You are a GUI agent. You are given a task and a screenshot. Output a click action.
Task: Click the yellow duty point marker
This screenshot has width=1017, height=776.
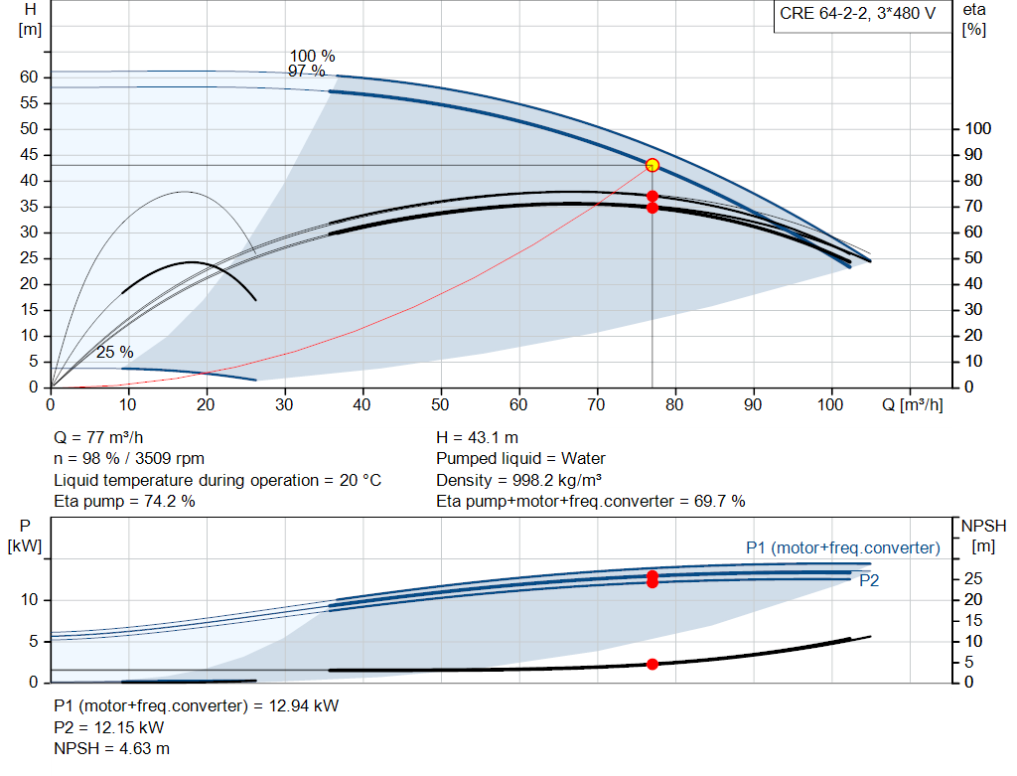pos(653,166)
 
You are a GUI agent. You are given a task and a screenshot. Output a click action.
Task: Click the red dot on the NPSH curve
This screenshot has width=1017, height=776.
pos(653,664)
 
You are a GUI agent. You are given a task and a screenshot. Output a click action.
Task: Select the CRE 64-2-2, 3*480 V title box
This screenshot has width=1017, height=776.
pos(857,14)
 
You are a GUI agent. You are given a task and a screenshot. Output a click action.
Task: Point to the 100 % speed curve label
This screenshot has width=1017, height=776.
pos(312,57)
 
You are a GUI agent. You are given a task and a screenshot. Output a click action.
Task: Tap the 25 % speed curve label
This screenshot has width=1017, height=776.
pos(115,353)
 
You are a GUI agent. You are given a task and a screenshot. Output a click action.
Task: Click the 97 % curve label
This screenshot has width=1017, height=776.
pos(306,71)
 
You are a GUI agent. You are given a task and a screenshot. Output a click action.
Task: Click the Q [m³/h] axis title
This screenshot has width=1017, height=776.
pos(912,404)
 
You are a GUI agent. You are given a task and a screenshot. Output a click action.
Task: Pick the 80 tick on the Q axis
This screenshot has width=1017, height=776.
pos(674,404)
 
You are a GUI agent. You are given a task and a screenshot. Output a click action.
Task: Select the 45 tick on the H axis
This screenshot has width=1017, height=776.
pos(29,154)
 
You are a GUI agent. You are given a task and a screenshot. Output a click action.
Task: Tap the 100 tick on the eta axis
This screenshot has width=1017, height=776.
pos(978,128)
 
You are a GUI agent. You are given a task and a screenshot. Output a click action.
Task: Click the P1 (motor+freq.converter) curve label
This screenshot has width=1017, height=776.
pos(843,548)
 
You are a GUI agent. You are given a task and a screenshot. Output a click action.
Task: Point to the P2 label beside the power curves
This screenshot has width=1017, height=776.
pos(869,580)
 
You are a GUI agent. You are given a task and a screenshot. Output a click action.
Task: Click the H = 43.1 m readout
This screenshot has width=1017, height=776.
pos(478,438)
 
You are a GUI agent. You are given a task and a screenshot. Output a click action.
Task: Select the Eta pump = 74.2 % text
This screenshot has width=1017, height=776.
pos(124,502)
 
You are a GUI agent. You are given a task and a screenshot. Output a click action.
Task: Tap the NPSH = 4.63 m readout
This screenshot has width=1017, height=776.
pos(111,749)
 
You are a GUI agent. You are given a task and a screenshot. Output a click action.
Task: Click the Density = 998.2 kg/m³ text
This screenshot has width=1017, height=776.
pos(518,480)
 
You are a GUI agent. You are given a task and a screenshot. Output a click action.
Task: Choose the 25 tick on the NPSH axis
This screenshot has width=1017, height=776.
pos(973,578)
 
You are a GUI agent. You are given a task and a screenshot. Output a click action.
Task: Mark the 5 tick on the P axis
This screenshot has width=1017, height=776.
pos(34,641)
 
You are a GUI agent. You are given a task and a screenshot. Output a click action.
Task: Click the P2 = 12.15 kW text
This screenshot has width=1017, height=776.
pos(109,727)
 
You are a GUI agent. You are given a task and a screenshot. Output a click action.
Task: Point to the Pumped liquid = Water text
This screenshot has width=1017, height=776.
pos(520,459)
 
